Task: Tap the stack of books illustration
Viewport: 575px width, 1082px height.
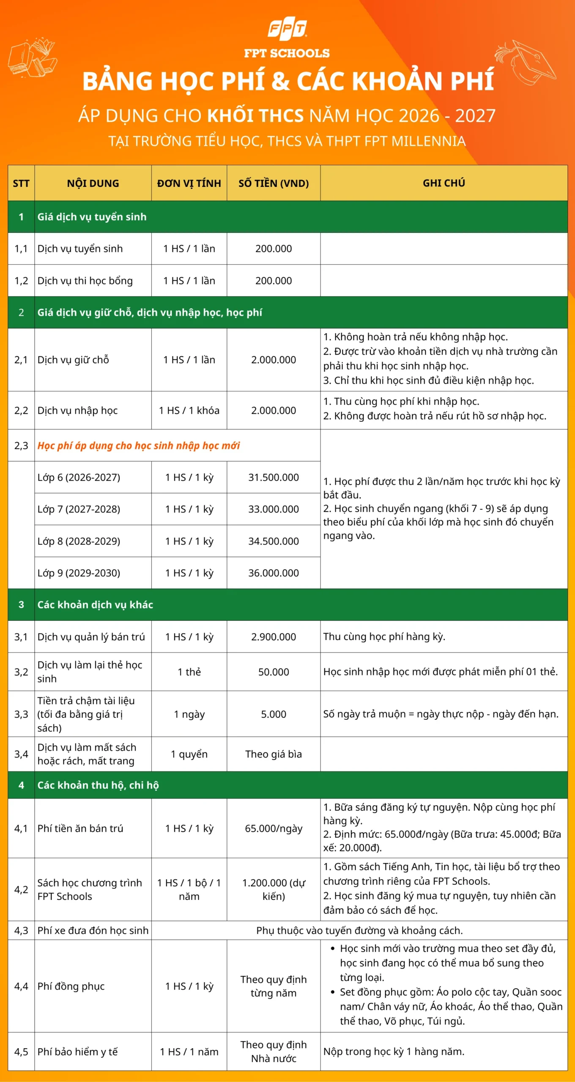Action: pyautogui.click(x=32, y=59)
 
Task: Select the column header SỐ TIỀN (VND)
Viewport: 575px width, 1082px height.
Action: pyautogui.click(x=274, y=183)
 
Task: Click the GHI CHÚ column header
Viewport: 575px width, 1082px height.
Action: pyautogui.click(x=444, y=183)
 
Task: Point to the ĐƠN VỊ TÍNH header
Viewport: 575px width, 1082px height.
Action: pyautogui.click(x=189, y=183)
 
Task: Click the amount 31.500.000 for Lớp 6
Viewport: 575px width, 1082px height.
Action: pyautogui.click(x=274, y=477)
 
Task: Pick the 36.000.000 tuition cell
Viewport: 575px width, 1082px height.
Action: pyautogui.click(x=274, y=573)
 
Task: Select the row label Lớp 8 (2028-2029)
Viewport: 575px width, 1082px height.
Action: pyautogui.click(x=79, y=541)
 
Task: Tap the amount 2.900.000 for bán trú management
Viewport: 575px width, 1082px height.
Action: pyautogui.click(x=274, y=637)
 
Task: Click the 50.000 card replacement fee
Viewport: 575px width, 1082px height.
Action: pyautogui.click(x=274, y=672)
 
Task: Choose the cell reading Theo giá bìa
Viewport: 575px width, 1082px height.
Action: pyautogui.click(x=274, y=754)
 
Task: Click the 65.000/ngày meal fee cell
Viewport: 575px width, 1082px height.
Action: pyautogui.click(x=274, y=828)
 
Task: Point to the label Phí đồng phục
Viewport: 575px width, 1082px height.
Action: pyautogui.click(x=71, y=986)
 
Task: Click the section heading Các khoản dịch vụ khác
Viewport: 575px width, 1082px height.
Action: pyautogui.click(x=95, y=604)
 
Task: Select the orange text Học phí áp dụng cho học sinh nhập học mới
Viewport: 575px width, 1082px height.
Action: pyautogui.click(x=138, y=445)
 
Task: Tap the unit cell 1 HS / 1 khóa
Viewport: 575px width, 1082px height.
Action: pyautogui.click(x=189, y=410)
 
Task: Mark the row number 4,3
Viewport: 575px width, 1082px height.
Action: pyautogui.click(x=21, y=930)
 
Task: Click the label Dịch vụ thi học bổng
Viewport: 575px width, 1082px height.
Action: pyautogui.click(x=85, y=281)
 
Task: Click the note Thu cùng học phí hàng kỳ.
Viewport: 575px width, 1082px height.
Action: pyautogui.click(x=384, y=637)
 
